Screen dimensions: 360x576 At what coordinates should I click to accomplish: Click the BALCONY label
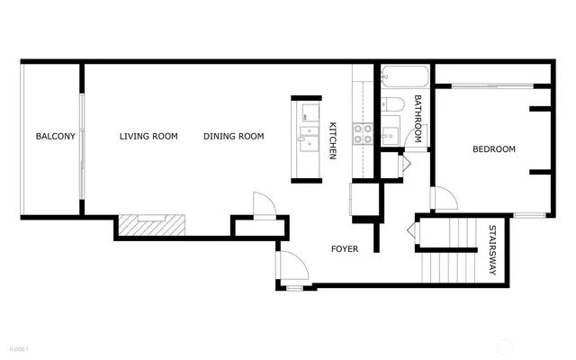[55, 137]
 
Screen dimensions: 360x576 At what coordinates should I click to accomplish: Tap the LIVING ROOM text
[148, 137]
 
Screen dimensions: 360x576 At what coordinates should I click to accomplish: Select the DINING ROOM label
[233, 137]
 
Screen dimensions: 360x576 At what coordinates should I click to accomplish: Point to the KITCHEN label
[332, 141]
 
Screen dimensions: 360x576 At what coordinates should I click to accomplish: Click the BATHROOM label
[418, 120]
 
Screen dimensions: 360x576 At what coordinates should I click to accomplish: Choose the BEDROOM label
[494, 149]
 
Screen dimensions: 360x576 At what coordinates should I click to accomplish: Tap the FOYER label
[345, 248]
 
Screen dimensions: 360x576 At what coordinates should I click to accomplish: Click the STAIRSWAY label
[492, 250]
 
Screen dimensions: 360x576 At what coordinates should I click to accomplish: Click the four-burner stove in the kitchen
[362, 134]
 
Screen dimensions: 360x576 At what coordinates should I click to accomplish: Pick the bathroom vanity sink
[390, 136]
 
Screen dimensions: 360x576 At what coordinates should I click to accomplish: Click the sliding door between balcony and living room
[83, 144]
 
